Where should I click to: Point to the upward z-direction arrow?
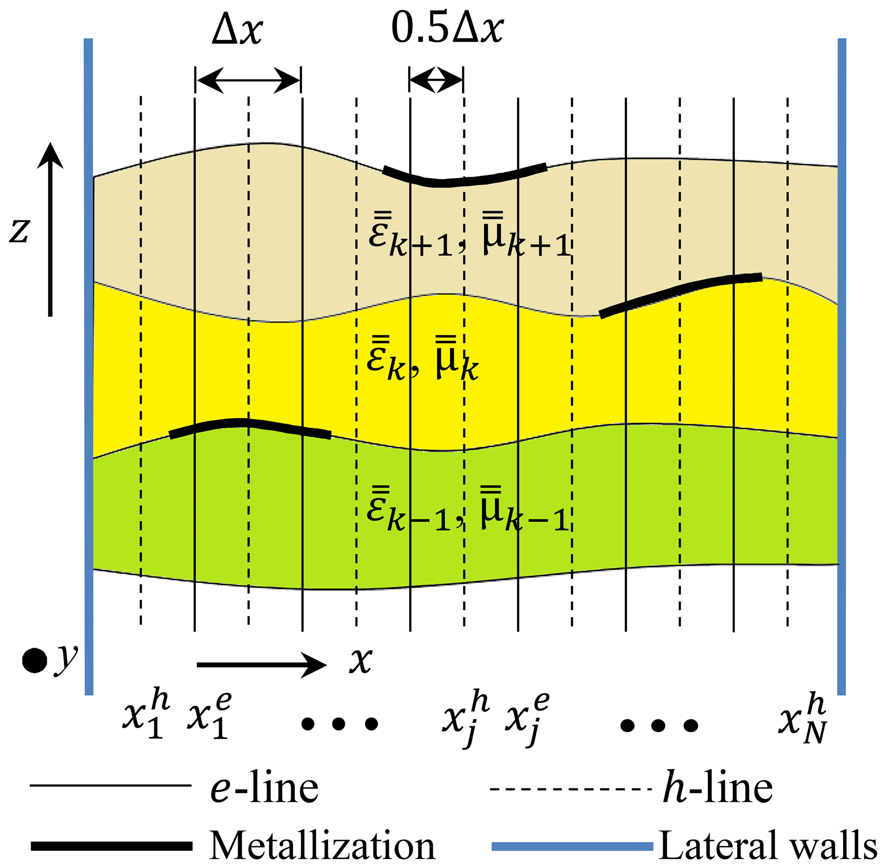(x=50, y=228)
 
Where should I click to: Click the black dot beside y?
(x=35, y=661)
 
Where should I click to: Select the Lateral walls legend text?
(x=768, y=846)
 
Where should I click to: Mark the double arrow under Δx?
(x=248, y=81)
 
